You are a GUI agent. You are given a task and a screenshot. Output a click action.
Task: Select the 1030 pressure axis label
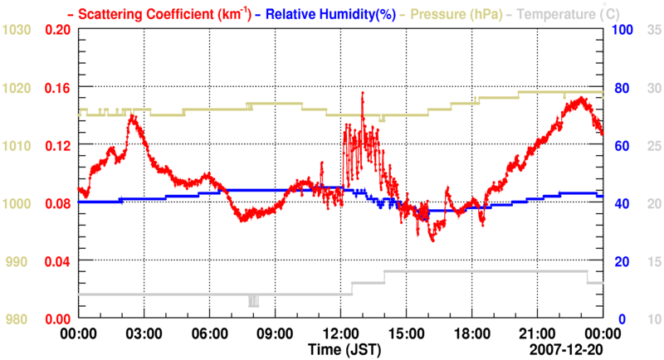pos(16,30)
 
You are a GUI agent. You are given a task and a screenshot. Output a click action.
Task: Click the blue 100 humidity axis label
pos(622,30)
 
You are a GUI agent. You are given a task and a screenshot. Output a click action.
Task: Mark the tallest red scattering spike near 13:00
pos(363,94)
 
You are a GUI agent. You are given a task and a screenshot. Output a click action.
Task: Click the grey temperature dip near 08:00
pos(253,302)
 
